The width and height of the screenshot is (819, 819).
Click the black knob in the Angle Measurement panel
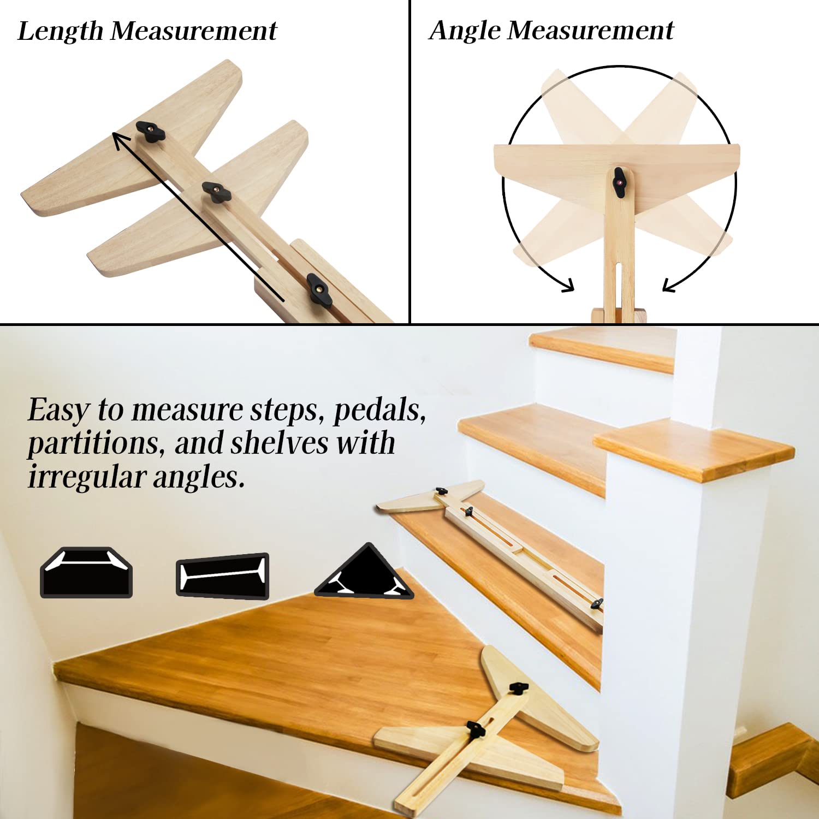(x=619, y=182)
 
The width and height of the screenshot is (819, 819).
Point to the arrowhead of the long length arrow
(x=117, y=137)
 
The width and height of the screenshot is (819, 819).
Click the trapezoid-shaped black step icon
(x=86, y=573)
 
